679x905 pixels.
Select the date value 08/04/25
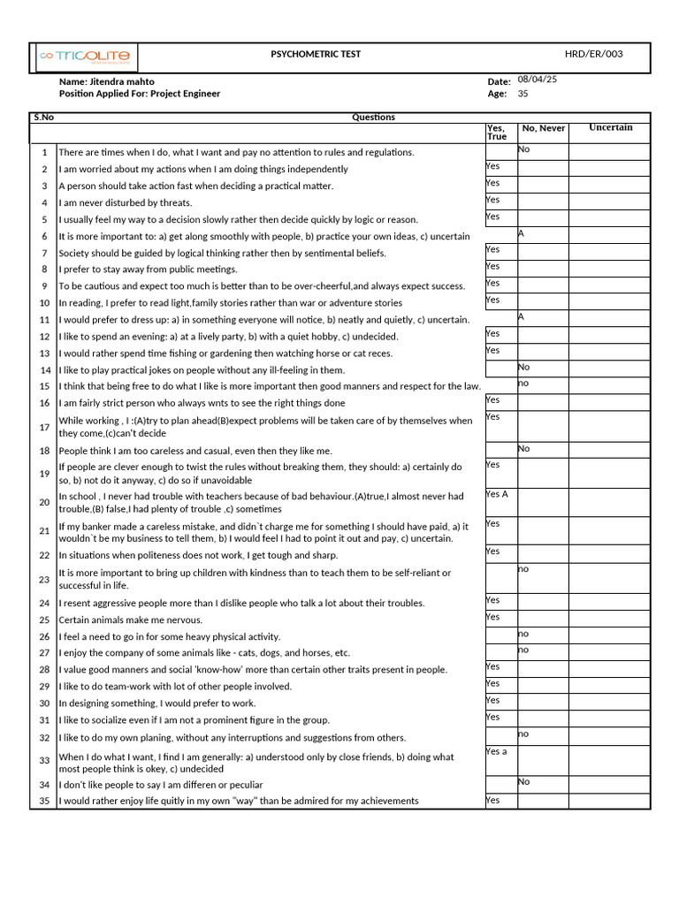538,80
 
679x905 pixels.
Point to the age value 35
523,94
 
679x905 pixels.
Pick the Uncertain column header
611,127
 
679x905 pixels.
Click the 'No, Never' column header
544,128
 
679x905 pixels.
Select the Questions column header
373,117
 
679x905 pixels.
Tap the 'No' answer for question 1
523,149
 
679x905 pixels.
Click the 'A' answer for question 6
522,233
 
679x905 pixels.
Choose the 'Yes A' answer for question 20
497,494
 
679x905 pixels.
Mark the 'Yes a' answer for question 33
497,751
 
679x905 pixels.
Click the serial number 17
44,427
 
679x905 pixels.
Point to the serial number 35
44,801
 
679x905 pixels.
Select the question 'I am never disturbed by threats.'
126,202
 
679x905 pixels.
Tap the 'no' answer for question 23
523,568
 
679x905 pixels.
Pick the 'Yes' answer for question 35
492,800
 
